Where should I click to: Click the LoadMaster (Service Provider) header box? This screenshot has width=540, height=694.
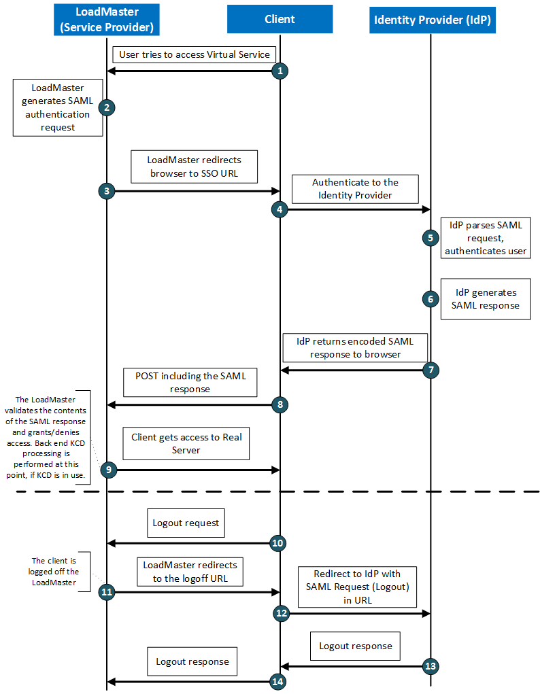pos(107,20)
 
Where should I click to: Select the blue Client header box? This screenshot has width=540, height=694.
pos(280,19)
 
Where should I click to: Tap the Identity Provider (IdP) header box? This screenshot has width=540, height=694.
pos(432,20)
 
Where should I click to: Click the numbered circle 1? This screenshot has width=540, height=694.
pos(280,71)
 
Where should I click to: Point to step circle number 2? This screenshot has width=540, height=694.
pos(106,107)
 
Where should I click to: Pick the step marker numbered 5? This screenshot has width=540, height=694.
pos(430,238)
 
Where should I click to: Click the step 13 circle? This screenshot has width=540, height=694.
pos(430,666)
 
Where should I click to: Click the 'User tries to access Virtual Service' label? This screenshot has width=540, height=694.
pos(195,54)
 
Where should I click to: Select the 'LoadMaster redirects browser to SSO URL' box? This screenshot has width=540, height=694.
pos(194,167)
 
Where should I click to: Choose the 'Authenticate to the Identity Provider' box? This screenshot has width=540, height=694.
pos(355,189)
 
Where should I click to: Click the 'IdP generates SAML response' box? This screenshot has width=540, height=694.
pos(486,299)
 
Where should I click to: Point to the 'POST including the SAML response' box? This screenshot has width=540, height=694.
pos(190,382)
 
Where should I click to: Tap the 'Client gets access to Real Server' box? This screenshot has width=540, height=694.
pos(186,444)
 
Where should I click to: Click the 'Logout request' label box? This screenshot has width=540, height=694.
pos(186,523)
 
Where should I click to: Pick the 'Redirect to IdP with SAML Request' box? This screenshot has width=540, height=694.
pos(357,587)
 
